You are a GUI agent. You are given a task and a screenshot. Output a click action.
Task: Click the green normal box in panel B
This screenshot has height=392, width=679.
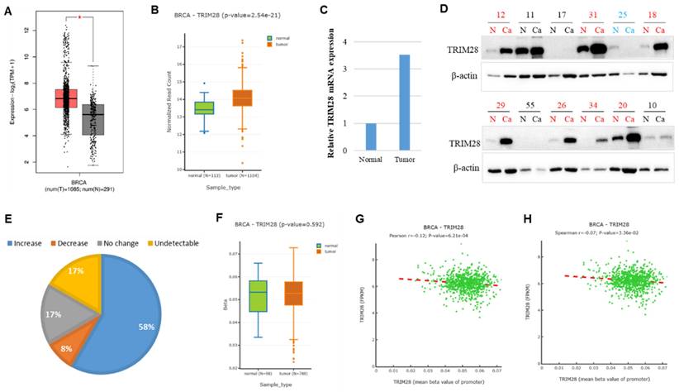point(204,108)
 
